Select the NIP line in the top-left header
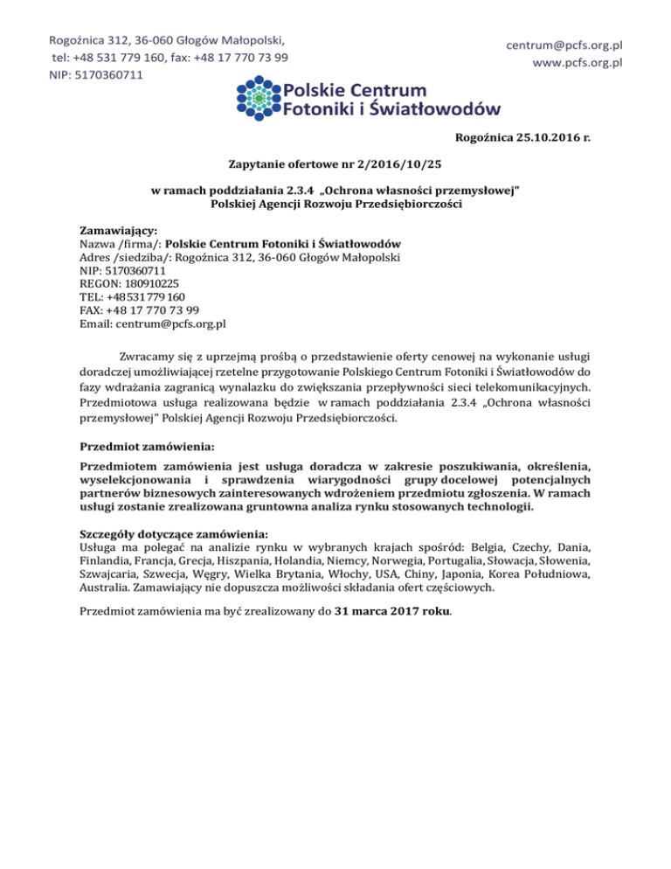(96, 74)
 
